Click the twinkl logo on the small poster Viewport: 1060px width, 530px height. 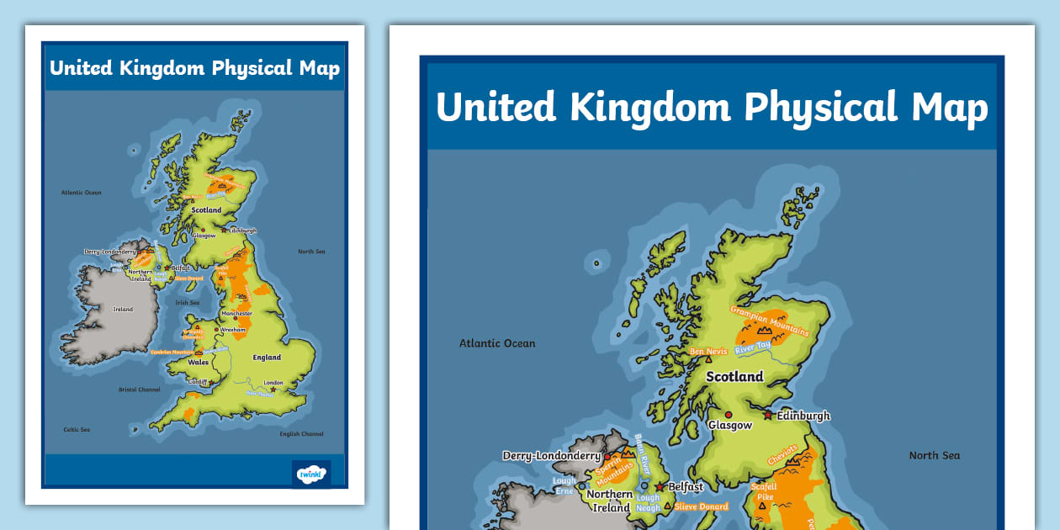pos(310,474)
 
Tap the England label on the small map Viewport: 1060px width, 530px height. pos(267,358)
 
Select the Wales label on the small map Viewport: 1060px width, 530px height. pos(198,363)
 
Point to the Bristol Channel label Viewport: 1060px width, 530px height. pos(139,390)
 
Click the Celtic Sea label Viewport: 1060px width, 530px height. pos(77,429)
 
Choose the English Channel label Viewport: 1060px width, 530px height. pos(300,434)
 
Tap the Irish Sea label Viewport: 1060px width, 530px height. pos(187,303)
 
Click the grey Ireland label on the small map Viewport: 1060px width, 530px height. pos(123,310)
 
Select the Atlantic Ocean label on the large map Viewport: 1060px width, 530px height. pos(497,343)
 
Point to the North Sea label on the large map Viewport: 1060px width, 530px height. pos(934,455)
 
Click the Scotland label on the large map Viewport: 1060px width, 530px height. pos(734,377)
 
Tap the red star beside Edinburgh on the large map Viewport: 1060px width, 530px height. pos(768,415)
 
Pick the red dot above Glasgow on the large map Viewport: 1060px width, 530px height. pos(729,415)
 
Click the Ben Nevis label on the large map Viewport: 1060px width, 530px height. pos(708,352)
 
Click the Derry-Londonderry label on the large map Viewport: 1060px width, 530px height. pos(551,456)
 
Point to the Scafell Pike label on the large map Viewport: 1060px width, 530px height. pos(765,491)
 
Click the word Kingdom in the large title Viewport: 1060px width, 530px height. pos(651,108)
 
